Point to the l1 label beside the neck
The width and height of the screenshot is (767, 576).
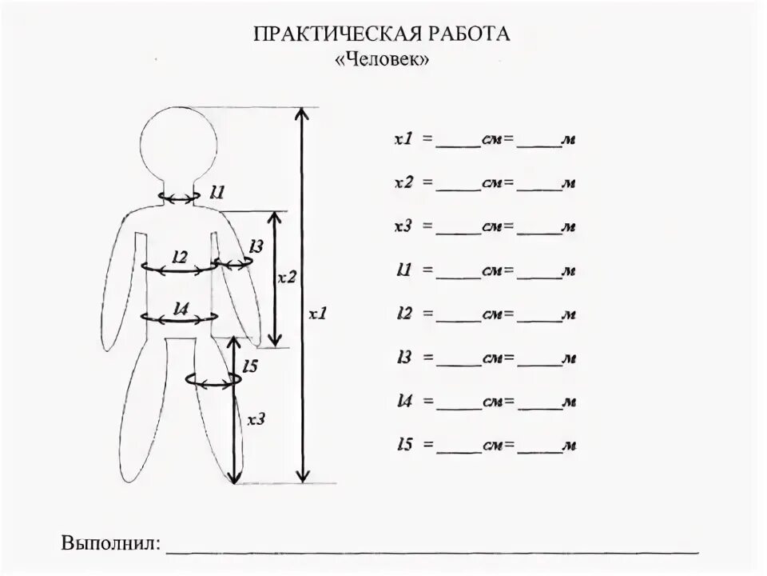[217, 192]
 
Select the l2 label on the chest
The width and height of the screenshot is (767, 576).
[180, 257]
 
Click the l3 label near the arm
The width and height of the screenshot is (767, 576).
[255, 246]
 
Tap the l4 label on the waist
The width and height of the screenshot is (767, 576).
[180, 307]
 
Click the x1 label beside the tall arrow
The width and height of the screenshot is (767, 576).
[318, 314]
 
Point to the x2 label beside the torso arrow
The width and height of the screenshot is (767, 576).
[286, 278]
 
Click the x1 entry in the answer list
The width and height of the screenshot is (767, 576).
[403, 139]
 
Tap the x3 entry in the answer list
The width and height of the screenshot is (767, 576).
[403, 226]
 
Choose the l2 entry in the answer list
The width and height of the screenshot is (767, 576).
[403, 314]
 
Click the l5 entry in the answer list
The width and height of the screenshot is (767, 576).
[403, 444]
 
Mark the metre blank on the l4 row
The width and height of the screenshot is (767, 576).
[538, 403]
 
